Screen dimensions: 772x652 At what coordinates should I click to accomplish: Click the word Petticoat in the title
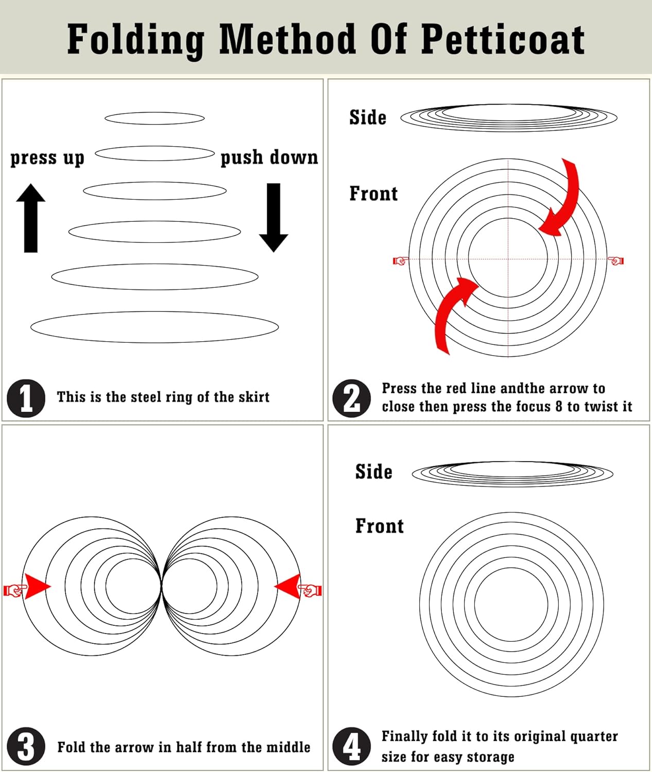click(503, 39)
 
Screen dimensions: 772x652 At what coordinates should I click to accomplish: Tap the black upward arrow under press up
click(31, 218)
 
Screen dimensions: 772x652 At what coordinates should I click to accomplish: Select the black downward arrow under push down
click(273, 217)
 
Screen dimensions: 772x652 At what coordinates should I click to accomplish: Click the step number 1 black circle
click(26, 398)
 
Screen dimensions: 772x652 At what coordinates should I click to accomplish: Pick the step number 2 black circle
click(352, 398)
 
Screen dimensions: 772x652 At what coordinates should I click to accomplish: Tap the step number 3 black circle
click(26, 746)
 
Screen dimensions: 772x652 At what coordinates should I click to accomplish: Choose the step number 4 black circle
click(352, 746)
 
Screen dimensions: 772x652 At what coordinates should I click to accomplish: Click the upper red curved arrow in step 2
click(564, 201)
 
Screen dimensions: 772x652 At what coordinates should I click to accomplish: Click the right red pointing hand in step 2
click(616, 261)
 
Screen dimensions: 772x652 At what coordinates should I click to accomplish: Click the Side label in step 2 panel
click(368, 117)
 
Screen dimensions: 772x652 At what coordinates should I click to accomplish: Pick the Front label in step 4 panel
click(380, 526)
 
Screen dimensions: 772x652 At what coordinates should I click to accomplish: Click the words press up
click(47, 157)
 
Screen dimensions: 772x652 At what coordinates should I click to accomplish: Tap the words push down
click(269, 157)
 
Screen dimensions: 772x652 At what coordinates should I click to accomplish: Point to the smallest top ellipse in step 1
click(155, 118)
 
